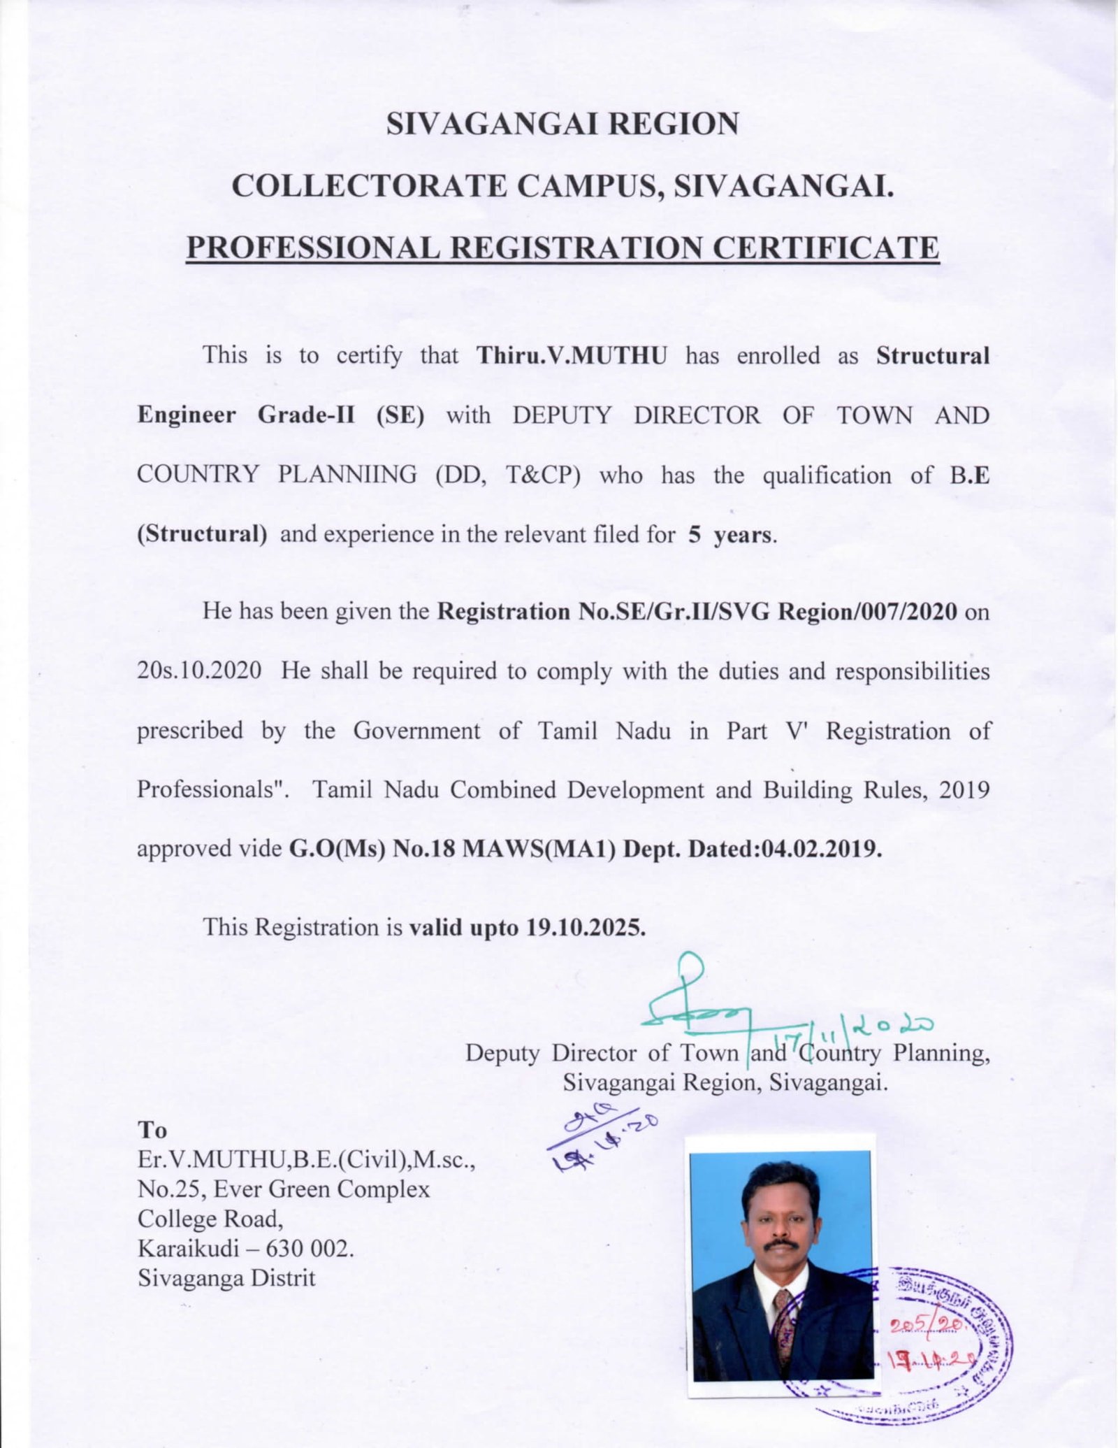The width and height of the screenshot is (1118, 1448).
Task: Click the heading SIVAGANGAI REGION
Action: tap(562, 124)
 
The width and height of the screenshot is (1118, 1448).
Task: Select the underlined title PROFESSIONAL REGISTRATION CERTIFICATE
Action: tap(562, 249)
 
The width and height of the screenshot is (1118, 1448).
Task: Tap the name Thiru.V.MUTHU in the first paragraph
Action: tap(572, 356)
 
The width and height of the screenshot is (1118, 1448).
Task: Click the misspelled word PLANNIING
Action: tap(347, 475)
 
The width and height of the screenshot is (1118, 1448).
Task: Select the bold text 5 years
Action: tap(731, 535)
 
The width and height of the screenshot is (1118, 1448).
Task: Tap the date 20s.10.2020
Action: tap(199, 671)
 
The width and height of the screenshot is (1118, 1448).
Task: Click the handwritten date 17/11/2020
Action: tap(852, 1028)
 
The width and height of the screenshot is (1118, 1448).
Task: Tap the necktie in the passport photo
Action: tap(782, 1321)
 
